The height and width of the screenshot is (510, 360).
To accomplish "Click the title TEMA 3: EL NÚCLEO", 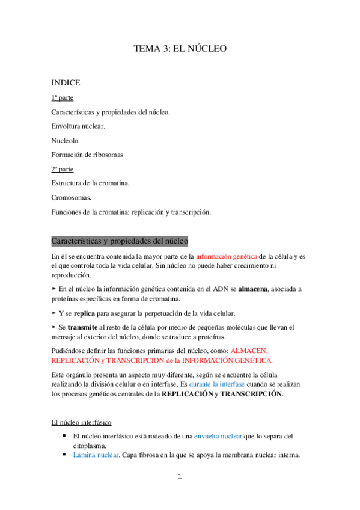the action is (x=180, y=49).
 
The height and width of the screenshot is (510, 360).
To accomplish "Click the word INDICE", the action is (x=66, y=82).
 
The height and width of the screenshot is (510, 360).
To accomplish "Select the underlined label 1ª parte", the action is (x=63, y=97).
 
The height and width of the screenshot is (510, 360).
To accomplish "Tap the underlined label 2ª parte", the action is (x=63, y=170).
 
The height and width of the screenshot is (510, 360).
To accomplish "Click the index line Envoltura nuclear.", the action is (x=78, y=126).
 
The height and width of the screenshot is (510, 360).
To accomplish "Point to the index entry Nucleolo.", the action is (x=65, y=141).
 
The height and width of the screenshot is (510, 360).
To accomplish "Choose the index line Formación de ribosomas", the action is (x=87, y=155).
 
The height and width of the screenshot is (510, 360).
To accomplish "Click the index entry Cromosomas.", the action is (x=71, y=197).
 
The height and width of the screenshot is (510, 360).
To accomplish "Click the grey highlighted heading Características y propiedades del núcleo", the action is (x=120, y=241).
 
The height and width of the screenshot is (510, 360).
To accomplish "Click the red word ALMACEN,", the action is (x=252, y=350).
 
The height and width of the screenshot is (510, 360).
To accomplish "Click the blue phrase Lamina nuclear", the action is (x=96, y=455).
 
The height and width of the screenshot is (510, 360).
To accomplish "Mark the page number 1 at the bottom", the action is (x=180, y=478).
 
